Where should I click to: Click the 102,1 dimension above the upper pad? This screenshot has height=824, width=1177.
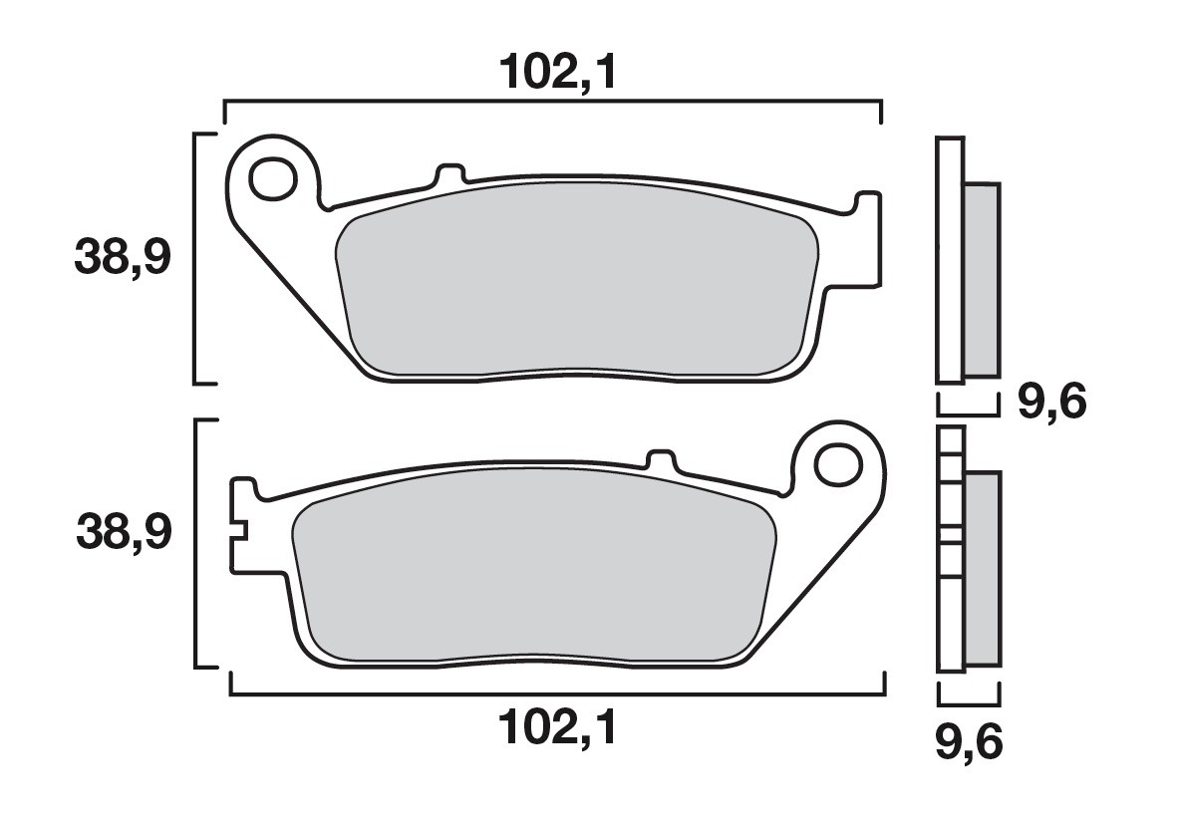[x=552, y=72]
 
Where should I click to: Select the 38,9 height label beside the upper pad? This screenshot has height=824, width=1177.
[x=123, y=259]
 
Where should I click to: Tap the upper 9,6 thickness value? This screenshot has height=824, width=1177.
[x=1050, y=403]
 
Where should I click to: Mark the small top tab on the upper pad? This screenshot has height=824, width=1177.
[x=450, y=174]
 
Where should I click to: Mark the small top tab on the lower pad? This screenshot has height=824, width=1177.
[x=661, y=461]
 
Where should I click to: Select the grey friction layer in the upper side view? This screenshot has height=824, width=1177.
[x=983, y=279]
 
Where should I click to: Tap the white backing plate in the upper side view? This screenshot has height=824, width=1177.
[x=951, y=259]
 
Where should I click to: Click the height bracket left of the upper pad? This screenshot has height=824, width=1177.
[x=194, y=257]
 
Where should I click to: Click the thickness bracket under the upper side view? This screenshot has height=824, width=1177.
[x=967, y=411]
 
